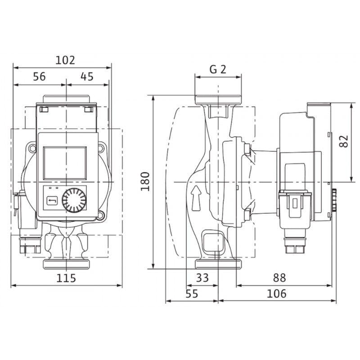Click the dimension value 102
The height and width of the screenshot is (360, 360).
[65, 60]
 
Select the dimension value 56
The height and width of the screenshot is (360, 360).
[40, 76]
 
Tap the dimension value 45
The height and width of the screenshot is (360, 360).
[87, 76]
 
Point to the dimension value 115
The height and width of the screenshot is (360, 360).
[66, 278]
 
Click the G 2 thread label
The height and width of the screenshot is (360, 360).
[218, 69]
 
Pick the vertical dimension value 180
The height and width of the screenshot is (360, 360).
[145, 181]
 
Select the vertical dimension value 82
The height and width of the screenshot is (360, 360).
[344, 141]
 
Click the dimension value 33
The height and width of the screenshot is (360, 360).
[202, 278]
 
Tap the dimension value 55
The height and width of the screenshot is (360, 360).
[192, 294]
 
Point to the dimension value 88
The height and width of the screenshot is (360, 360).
[279, 278]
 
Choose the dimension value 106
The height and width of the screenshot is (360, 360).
[277, 294]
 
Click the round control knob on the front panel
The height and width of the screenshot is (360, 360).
[74, 200]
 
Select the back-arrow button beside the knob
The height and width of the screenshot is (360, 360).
[52, 201]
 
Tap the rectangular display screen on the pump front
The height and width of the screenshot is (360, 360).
[65, 163]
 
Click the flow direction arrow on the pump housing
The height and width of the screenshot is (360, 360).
[196, 198]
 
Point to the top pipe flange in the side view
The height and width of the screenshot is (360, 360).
[218, 99]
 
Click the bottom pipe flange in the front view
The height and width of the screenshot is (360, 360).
[66, 264]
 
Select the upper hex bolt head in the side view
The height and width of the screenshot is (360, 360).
[247, 148]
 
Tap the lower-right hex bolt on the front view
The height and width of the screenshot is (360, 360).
[101, 216]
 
